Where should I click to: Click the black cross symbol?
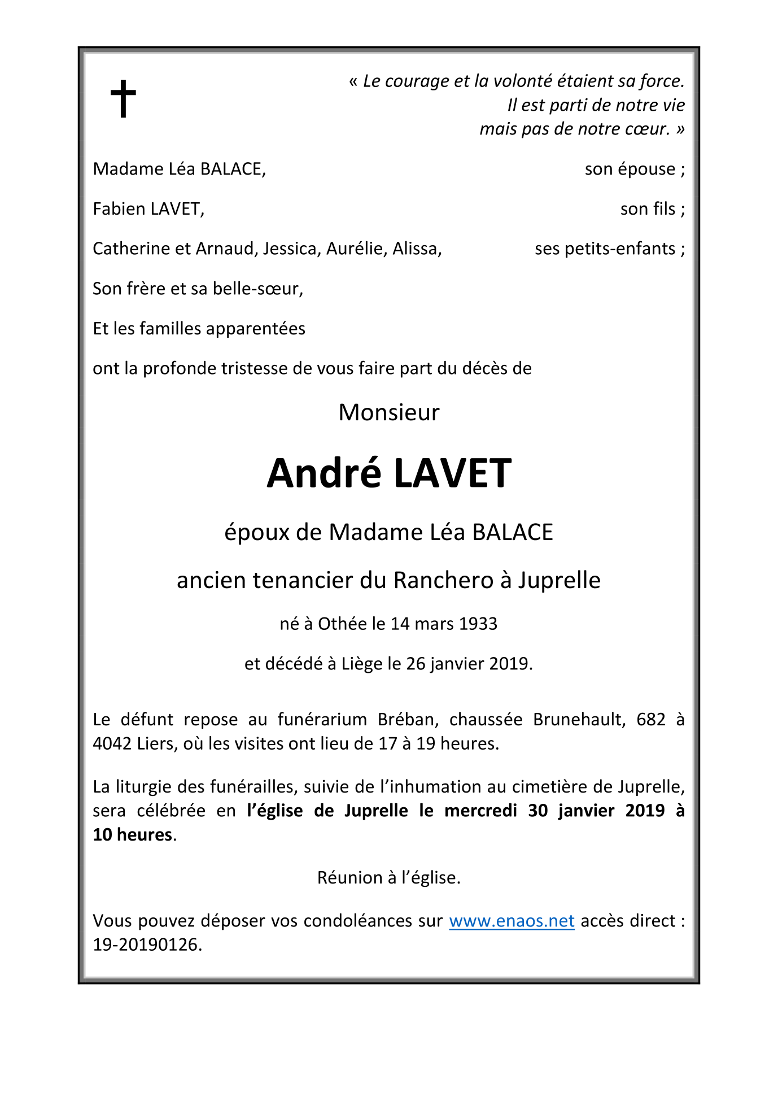point(123,98)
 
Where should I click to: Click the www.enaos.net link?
point(512,921)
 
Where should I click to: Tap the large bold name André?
point(324,473)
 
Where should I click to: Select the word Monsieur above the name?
point(388,412)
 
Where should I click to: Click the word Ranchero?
point(443,580)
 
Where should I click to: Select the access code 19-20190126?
point(147,945)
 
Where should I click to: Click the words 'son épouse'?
point(630,169)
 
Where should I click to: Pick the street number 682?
point(651,719)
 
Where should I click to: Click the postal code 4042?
point(112,743)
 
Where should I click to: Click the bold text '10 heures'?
point(133,834)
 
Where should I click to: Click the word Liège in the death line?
point(362,663)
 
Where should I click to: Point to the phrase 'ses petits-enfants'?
point(605,249)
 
